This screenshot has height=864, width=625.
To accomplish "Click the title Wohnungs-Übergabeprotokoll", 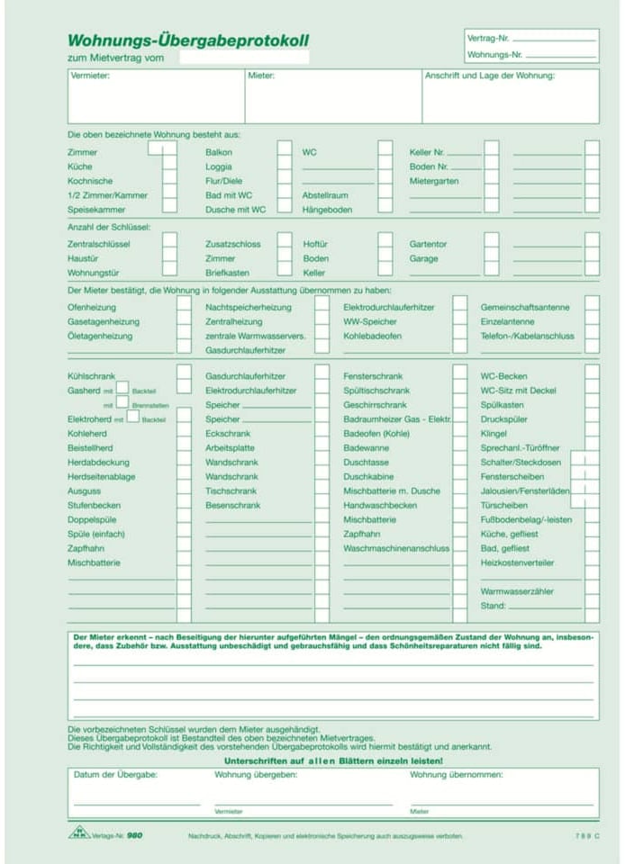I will point(187,40).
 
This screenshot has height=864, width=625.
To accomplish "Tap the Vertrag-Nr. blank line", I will point(553,40).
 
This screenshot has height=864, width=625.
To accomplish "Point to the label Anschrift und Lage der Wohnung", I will point(489,76).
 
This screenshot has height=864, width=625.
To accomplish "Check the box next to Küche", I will point(169,166).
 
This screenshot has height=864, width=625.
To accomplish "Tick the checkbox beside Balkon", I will point(284,152).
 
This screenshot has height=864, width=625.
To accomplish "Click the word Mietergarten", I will point(434,181).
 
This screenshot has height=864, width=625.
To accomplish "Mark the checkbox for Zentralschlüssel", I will point(169,244).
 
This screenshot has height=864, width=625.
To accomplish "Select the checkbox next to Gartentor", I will point(492,244).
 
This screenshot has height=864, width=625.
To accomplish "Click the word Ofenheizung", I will point(92,307).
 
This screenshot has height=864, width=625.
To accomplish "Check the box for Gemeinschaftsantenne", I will point(592,307).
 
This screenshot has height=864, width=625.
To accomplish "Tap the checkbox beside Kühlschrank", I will point(184,375).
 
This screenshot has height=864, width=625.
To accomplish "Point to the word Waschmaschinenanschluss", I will point(396,548).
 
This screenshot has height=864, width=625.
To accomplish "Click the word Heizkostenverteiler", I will point(517,562).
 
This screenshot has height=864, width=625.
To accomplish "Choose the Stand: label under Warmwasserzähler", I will point(494,606).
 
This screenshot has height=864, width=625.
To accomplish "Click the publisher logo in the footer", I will point(79,833).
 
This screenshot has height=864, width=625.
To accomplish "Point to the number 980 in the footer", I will point(134,835).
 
